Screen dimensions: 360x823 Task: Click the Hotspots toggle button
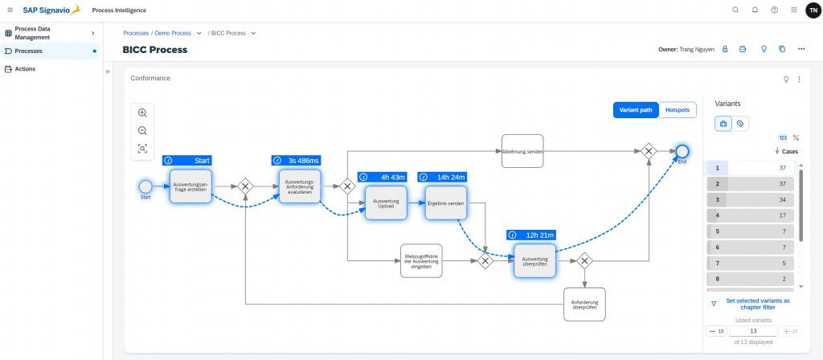pos(678,110)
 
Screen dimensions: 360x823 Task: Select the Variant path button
pos(636,110)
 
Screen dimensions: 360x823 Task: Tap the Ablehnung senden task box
pos(522,151)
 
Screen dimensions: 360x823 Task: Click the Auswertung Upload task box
pos(387,203)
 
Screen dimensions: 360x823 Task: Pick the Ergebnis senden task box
pos(445,203)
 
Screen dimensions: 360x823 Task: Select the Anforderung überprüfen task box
pos(584,304)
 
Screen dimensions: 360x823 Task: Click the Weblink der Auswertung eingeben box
pos(421,260)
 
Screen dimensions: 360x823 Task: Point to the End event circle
pos(682,151)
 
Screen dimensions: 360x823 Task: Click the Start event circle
pos(145,186)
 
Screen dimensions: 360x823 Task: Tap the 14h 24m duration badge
pos(442,177)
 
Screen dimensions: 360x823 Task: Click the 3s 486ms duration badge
pos(297,161)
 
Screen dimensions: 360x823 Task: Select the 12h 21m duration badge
pos(531,235)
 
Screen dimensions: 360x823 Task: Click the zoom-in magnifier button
pos(142,113)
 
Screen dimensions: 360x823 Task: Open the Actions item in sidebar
pos(25,69)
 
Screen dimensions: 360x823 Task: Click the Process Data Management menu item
pos(48,33)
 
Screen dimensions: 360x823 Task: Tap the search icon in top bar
pos(735,10)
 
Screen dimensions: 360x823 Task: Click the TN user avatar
pos(813,10)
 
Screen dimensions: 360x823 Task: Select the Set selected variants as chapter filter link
pos(757,304)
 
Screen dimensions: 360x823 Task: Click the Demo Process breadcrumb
pos(173,33)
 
